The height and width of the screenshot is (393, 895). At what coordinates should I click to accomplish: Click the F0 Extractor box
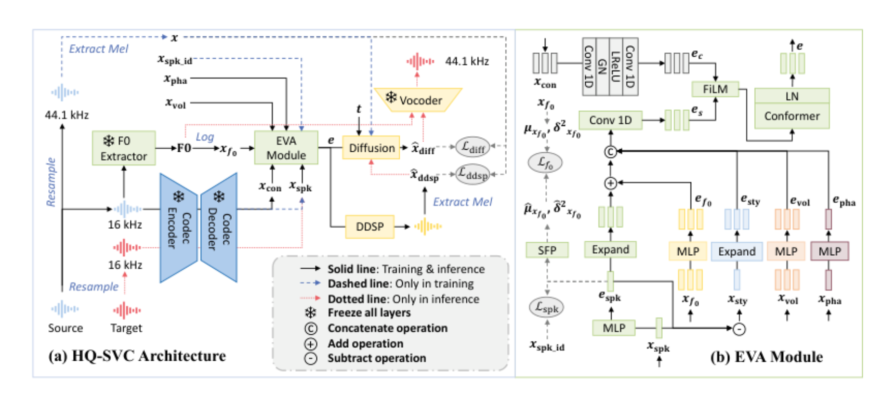coord(124,148)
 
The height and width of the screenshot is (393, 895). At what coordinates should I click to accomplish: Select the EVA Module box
coord(286,148)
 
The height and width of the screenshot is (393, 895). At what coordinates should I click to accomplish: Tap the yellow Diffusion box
coord(371,148)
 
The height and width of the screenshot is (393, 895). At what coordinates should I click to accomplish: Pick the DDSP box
coord(370,227)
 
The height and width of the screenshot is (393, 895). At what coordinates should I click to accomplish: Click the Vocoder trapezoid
coord(418,99)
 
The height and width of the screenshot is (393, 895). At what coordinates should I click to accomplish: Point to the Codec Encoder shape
coord(179,228)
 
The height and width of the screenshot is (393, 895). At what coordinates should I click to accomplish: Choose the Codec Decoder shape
coord(219,228)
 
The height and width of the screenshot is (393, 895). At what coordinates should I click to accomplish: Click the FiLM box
coord(716,89)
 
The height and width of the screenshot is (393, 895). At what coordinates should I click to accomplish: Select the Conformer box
coord(792,116)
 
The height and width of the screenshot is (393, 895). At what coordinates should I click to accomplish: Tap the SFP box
coord(547,250)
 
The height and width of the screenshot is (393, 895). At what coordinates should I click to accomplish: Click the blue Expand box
coord(736,252)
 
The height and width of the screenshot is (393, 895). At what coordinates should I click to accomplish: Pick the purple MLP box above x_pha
coord(829,251)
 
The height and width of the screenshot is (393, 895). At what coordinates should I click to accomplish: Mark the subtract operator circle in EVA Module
coord(739,329)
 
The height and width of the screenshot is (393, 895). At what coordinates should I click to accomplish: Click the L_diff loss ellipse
coord(472,147)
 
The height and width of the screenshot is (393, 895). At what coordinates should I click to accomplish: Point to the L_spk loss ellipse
coord(546,307)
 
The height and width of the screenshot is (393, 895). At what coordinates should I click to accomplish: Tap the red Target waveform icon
coord(126,310)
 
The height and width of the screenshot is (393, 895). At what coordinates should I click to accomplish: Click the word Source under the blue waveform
coord(66,328)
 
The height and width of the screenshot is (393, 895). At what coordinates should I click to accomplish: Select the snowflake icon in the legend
coord(310,313)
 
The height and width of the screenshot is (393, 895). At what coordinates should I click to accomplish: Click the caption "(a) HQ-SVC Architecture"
coord(137,356)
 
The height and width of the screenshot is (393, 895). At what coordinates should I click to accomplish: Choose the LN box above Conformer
coord(792,96)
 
